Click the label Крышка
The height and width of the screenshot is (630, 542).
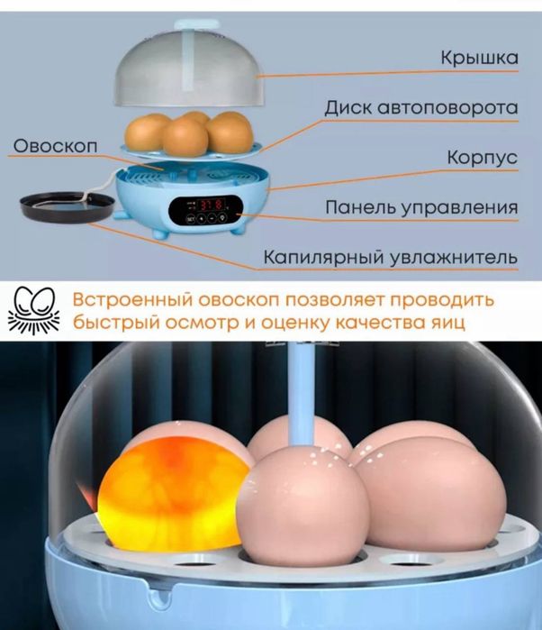[479, 58]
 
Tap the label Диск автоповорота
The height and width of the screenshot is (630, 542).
[421, 107]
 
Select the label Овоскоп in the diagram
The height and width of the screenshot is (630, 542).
[56, 146]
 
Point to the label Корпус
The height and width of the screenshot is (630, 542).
[483, 158]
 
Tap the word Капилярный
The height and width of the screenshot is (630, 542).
[323, 257]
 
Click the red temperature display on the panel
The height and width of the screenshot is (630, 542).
[212, 205]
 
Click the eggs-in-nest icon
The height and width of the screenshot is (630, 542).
[34, 310]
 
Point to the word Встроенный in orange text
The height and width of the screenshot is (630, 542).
[133, 300]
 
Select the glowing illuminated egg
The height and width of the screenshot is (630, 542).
[173, 493]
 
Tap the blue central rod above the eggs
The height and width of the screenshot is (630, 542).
[303, 394]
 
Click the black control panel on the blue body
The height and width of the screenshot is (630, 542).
[206, 211]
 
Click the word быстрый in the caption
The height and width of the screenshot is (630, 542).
[116, 323]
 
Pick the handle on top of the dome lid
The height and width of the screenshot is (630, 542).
[196, 23]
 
